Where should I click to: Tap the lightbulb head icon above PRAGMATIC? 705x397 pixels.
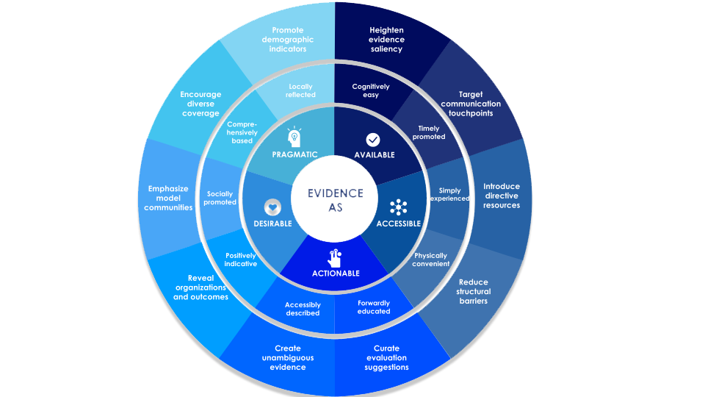pyautogui.click(x=294, y=137)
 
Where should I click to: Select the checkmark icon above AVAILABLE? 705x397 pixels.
pyautogui.click(x=373, y=139)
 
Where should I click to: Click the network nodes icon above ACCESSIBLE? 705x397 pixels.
pyautogui.click(x=398, y=207)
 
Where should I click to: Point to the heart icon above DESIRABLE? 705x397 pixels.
pyautogui.click(x=273, y=207)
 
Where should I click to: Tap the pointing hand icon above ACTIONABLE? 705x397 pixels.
pyautogui.click(x=335, y=258)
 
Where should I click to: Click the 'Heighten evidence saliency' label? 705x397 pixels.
pyautogui.click(x=386, y=40)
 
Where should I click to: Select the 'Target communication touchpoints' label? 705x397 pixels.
pyautogui.click(x=471, y=104)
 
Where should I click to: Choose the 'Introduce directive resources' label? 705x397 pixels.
pyautogui.click(x=502, y=196)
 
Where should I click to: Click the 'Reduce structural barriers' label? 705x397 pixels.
pyautogui.click(x=473, y=291)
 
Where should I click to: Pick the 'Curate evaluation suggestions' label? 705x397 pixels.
pyautogui.click(x=386, y=357)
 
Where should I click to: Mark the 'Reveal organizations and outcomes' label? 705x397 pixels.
pyautogui.click(x=200, y=287)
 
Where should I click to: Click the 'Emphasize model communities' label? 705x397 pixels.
pyautogui.click(x=168, y=198)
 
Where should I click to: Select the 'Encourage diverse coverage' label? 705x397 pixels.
pyautogui.click(x=200, y=104)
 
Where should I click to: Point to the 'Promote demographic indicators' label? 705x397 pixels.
pyautogui.click(x=288, y=40)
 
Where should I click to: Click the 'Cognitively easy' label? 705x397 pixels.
pyautogui.click(x=371, y=90)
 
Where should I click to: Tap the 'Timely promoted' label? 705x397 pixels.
pyautogui.click(x=428, y=132)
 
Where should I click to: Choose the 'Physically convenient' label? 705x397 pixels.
pyautogui.click(x=430, y=260)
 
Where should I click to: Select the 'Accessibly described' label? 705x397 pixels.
pyautogui.click(x=303, y=308)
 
